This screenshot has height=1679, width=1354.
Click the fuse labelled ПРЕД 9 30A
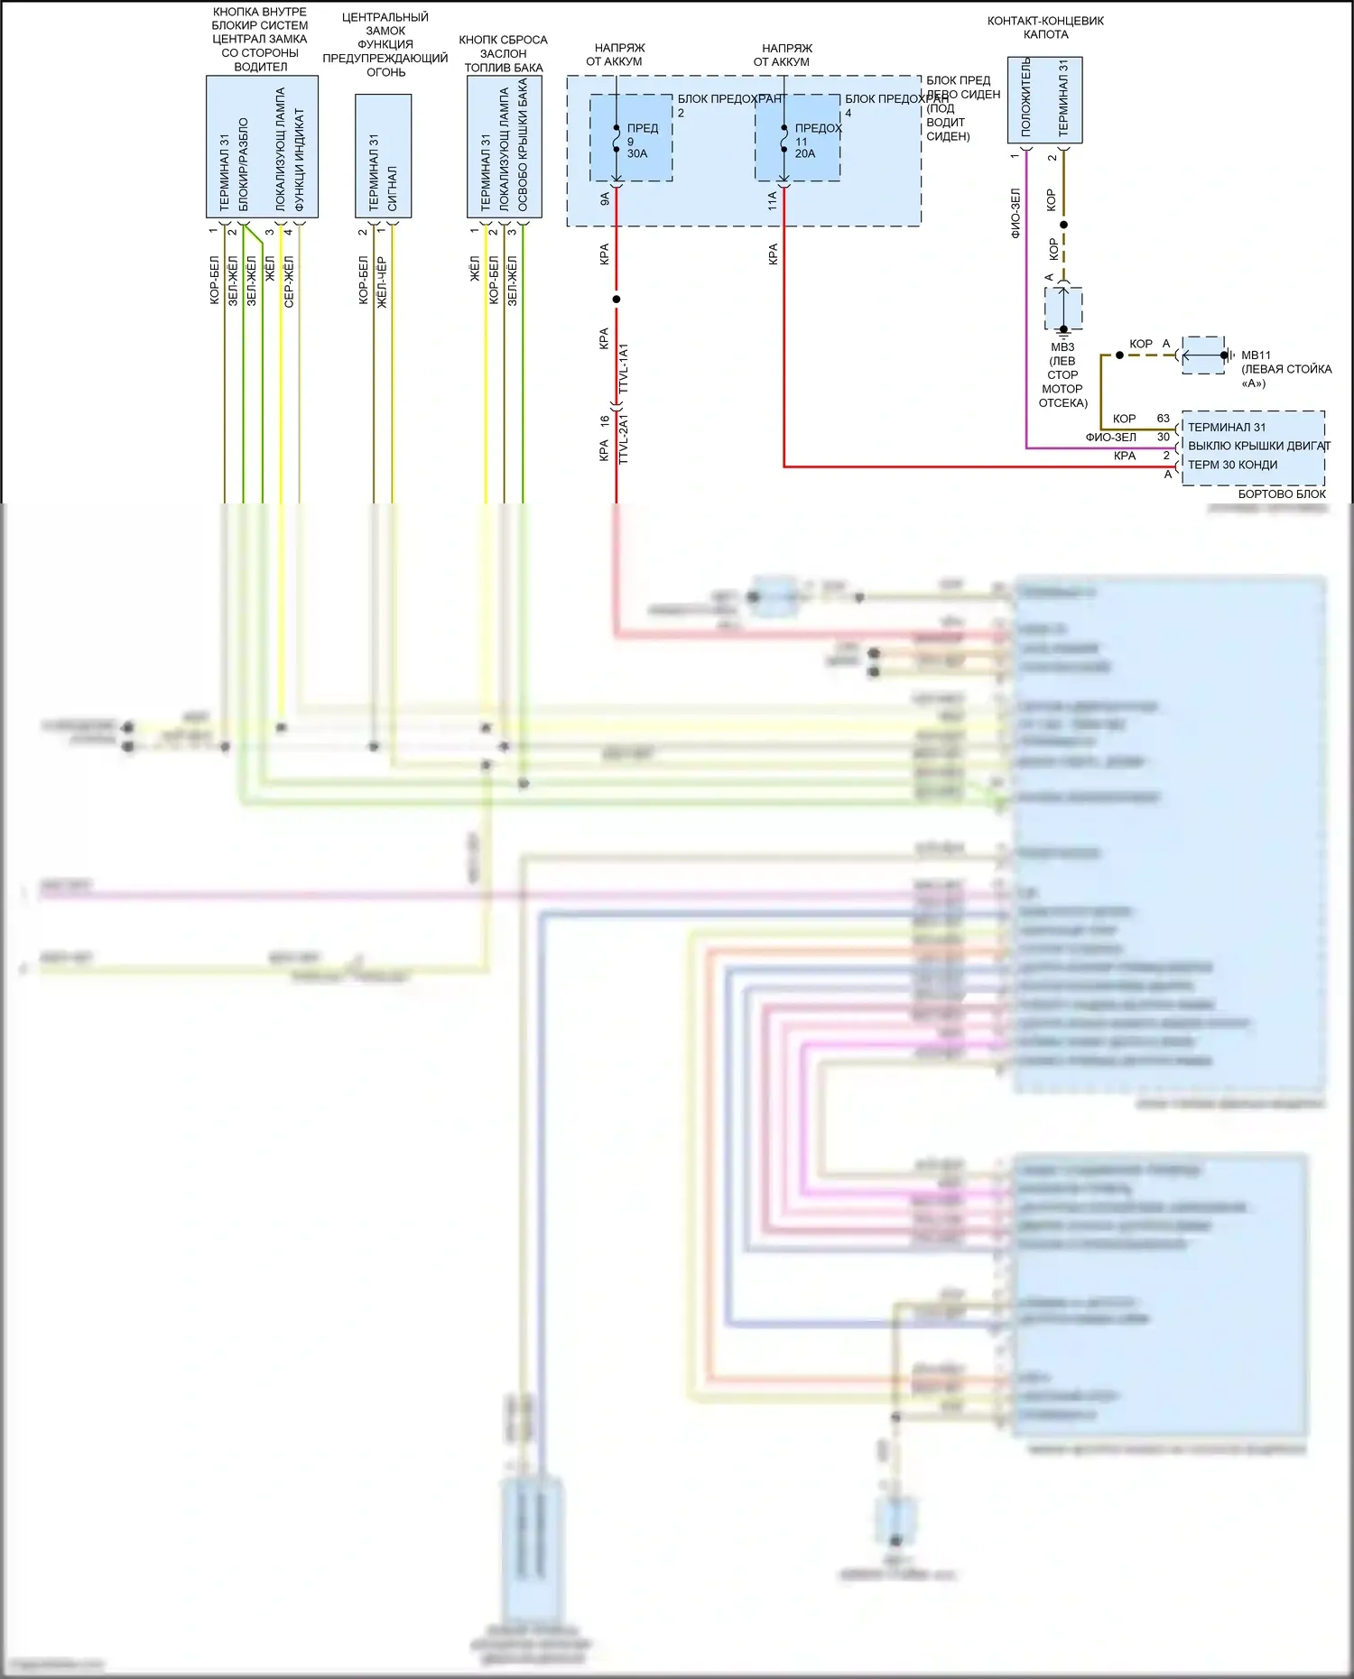tap(631, 139)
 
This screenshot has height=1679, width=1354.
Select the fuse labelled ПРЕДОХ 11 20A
tap(798, 139)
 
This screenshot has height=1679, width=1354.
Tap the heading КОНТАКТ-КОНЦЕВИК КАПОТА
tap(1045, 27)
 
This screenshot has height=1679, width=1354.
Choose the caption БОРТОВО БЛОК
tap(1281, 494)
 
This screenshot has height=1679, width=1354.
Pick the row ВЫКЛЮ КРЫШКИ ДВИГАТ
tap(1258, 446)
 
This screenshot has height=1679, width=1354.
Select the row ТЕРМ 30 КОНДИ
tap(1232, 465)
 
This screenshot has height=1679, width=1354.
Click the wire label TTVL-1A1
tap(624, 368)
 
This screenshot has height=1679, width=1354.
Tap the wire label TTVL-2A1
tap(624, 439)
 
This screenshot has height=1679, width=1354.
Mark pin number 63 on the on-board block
tap(1163, 419)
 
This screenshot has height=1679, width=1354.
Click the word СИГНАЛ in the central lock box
tap(393, 188)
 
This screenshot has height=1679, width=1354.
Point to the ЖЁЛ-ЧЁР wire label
tap(382, 281)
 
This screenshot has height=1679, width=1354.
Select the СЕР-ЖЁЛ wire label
tap(289, 281)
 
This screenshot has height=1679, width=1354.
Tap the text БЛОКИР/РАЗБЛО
tap(244, 164)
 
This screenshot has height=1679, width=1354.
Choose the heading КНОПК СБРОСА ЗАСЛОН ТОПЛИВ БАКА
tap(503, 53)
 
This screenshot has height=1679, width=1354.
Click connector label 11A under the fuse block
tap(773, 200)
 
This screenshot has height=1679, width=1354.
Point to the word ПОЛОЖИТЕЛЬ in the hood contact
tap(1025, 97)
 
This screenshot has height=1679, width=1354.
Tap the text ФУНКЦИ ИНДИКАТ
tap(300, 160)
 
